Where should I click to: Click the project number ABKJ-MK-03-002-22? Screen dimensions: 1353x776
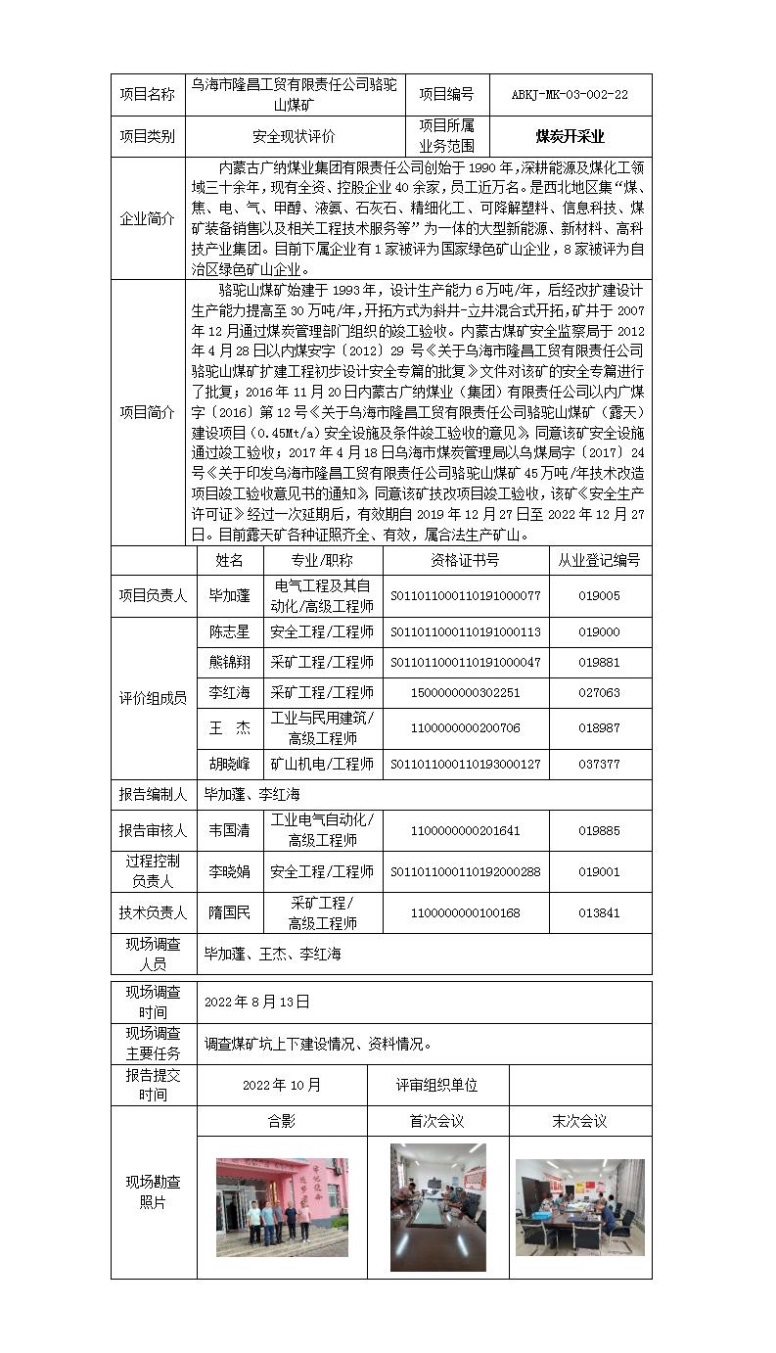pos(570,95)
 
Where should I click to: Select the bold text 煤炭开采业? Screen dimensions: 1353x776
pos(570,137)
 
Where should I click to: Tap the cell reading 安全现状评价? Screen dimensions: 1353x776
pos(294,137)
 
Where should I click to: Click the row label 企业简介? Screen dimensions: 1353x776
pos(147,218)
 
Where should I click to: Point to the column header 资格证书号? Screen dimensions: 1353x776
pos(465,560)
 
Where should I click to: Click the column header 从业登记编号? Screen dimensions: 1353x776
pos(599,560)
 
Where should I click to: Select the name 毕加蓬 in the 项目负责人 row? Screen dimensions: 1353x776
pos(230,595)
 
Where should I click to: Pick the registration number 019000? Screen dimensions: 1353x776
pos(599,632)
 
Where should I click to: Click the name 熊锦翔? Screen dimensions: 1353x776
pos(230,663)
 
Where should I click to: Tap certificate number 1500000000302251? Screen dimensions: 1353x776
pos(465,693)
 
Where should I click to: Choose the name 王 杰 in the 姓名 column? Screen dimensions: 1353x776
pos(230,728)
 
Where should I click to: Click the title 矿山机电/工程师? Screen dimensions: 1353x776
pos(322,764)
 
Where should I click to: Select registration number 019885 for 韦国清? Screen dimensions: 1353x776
pos(599,830)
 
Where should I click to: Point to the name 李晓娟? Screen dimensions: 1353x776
pos(230,871)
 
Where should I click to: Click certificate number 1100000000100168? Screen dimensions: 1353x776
pos(465,912)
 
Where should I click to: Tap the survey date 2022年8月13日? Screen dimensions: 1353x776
pos(257,1002)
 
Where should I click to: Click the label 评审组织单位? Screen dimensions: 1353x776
pos(436,1085)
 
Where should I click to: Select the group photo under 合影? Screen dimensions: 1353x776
pos(282,1207)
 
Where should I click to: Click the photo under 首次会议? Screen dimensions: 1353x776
pos(437,1207)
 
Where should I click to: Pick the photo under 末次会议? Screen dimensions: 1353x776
pos(579,1207)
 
